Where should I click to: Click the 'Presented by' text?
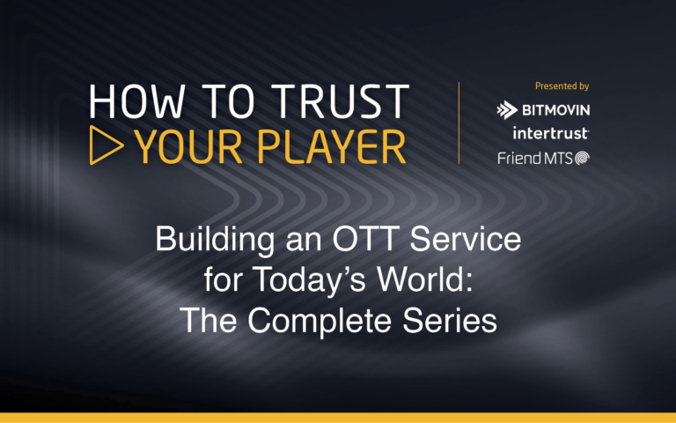[x=562, y=86]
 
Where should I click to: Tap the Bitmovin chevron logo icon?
[x=507, y=110]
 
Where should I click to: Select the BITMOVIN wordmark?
[x=555, y=110]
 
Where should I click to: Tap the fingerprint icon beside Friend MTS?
[x=582, y=158]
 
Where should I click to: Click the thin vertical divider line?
[x=459, y=122]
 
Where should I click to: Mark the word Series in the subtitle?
[x=455, y=320]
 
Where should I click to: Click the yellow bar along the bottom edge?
[x=338, y=417]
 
